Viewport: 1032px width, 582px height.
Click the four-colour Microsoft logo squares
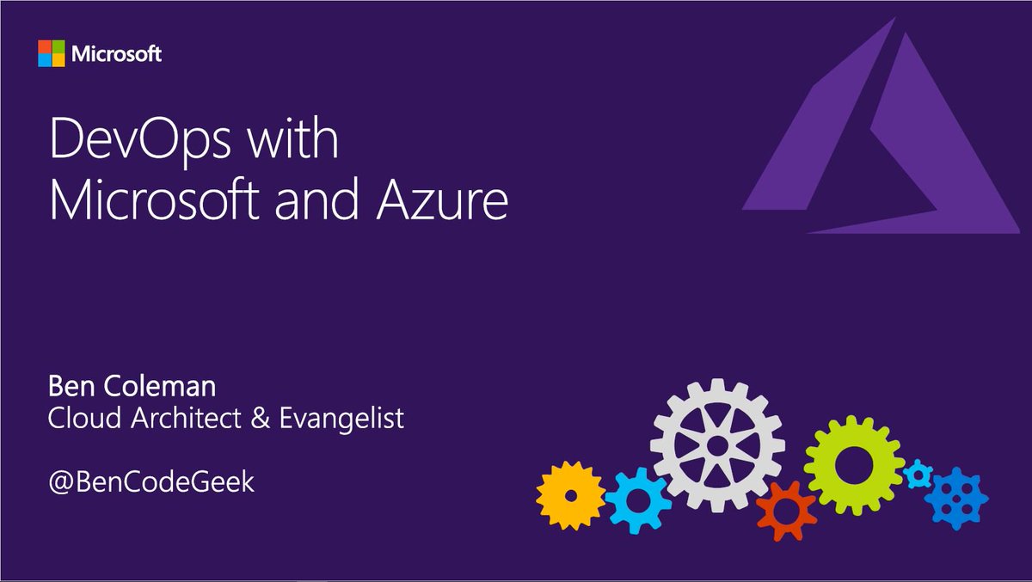click(x=51, y=53)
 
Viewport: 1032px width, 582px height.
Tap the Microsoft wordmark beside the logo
click(x=117, y=54)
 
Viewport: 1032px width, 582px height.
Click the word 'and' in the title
click(x=325, y=204)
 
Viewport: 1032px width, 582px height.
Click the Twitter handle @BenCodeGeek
click(x=151, y=481)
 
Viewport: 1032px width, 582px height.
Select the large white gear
click(x=717, y=444)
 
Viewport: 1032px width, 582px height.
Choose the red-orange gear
click(x=785, y=511)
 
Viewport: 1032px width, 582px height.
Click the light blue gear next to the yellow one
click(x=637, y=499)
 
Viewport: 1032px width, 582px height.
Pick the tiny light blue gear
click(x=918, y=472)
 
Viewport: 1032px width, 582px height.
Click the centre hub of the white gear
click(x=717, y=444)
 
